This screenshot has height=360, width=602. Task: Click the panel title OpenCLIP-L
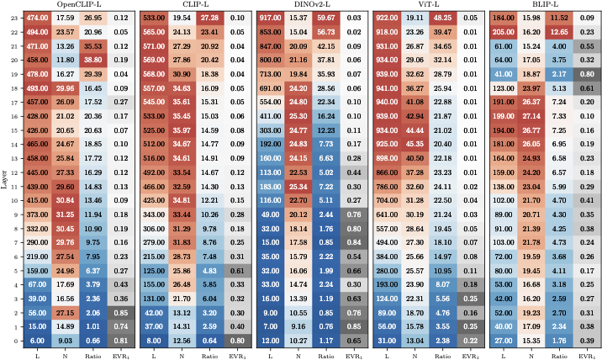79,5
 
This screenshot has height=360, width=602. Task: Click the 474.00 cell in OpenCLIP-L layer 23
36,17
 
